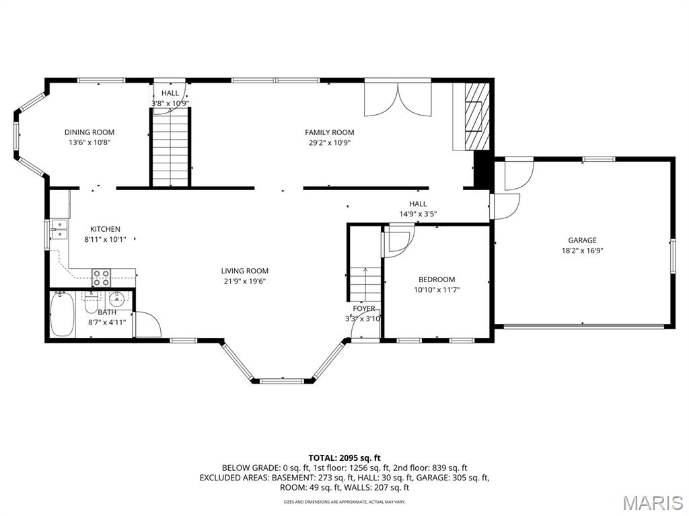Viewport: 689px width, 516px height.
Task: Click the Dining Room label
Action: pos(89,132)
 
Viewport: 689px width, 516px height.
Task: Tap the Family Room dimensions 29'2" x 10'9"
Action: pos(329,142)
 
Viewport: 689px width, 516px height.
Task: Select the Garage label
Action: pos(582,240)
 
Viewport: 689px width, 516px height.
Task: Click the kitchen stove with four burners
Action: pos(101,277)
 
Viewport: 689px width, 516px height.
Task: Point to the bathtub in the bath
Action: pos(62,314)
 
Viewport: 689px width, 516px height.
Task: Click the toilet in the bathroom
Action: pos(91,303)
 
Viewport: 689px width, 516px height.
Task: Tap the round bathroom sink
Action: pos(117,300)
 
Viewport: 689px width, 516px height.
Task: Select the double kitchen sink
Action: pos(59,230)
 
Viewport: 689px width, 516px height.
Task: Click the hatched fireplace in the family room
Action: pos(477,116)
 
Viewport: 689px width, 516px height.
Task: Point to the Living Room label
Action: pos(244,271)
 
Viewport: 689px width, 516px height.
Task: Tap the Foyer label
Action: pos(364,308)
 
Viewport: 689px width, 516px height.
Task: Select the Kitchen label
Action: pos(105,229)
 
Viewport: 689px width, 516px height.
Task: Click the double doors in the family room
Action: pos(398,99)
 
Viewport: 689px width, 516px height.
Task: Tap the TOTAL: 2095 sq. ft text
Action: pos(344,458)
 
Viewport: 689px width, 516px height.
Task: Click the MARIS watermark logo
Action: pos(653,503)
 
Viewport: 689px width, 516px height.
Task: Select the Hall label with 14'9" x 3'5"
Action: pos(418,204)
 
